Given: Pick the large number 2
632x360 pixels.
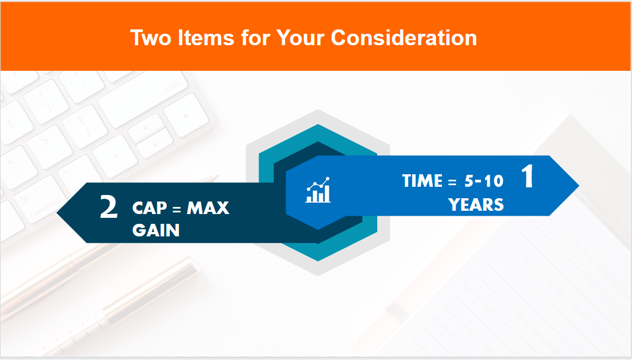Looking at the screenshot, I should pyautogui.click(x=109, y=208).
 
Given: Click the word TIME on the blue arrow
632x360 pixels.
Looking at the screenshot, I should pyautogui.click(x=422, y=181).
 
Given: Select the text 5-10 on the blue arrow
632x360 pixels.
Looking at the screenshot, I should pyautogui.click(x=484, y=181).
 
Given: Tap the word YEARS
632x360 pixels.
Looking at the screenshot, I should pyautogui.click(x=476, y=204).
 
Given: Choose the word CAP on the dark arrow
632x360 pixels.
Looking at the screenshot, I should pyautogui.click(x=149, y=208).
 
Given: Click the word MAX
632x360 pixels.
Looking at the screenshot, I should pyautogui.click(x=208, y=208).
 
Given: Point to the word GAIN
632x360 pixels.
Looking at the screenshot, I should pyautogui.click(x=156, y=230).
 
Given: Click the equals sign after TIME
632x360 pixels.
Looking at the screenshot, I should pyautogui.click(x=451, y=181).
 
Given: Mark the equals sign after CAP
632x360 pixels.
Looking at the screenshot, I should pyautogui.click(x=176, y=209).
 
